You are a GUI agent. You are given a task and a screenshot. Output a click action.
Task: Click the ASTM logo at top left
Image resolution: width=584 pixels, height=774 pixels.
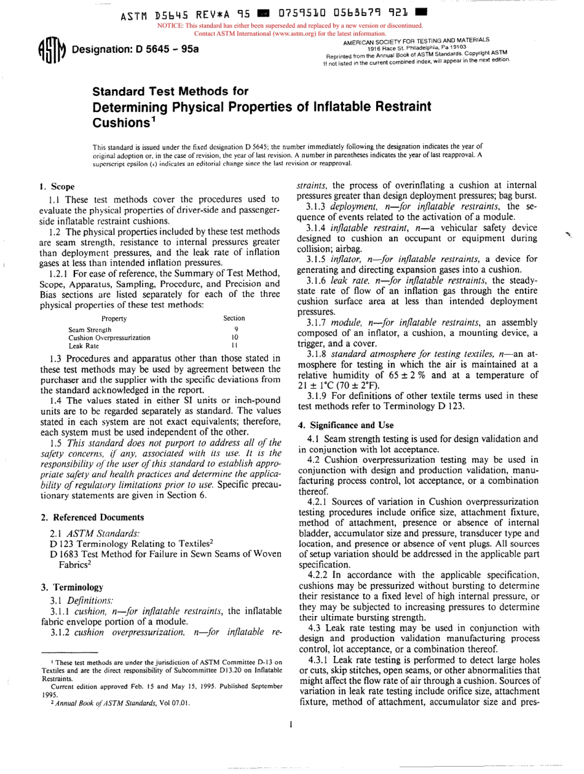51,49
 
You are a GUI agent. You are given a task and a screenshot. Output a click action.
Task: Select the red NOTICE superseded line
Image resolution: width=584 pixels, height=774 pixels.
291,25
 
